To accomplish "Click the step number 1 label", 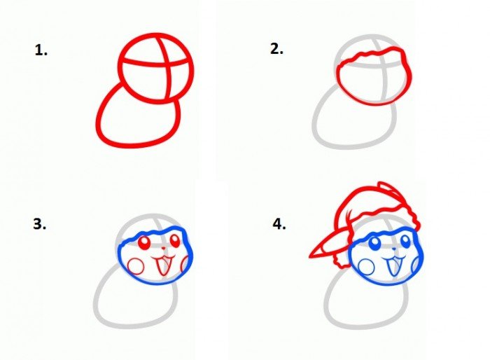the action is point(41,50).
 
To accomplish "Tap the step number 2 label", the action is point(276,49).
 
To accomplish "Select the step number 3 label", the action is point(39,224).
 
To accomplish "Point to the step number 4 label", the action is point(279,224).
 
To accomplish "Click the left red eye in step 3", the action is point(145,243).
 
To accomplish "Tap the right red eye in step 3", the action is point(175,240).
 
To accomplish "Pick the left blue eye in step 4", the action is point(374,243).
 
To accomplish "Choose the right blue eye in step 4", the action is point(405,241).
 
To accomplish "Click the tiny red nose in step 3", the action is point(163,249).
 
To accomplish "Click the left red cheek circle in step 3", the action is point(136,266).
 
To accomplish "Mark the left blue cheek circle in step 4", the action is point(366,267).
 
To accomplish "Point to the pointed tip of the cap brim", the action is point(310,257).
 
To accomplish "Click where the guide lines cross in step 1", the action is point(167,65).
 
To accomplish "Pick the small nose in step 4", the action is point(393,249).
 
